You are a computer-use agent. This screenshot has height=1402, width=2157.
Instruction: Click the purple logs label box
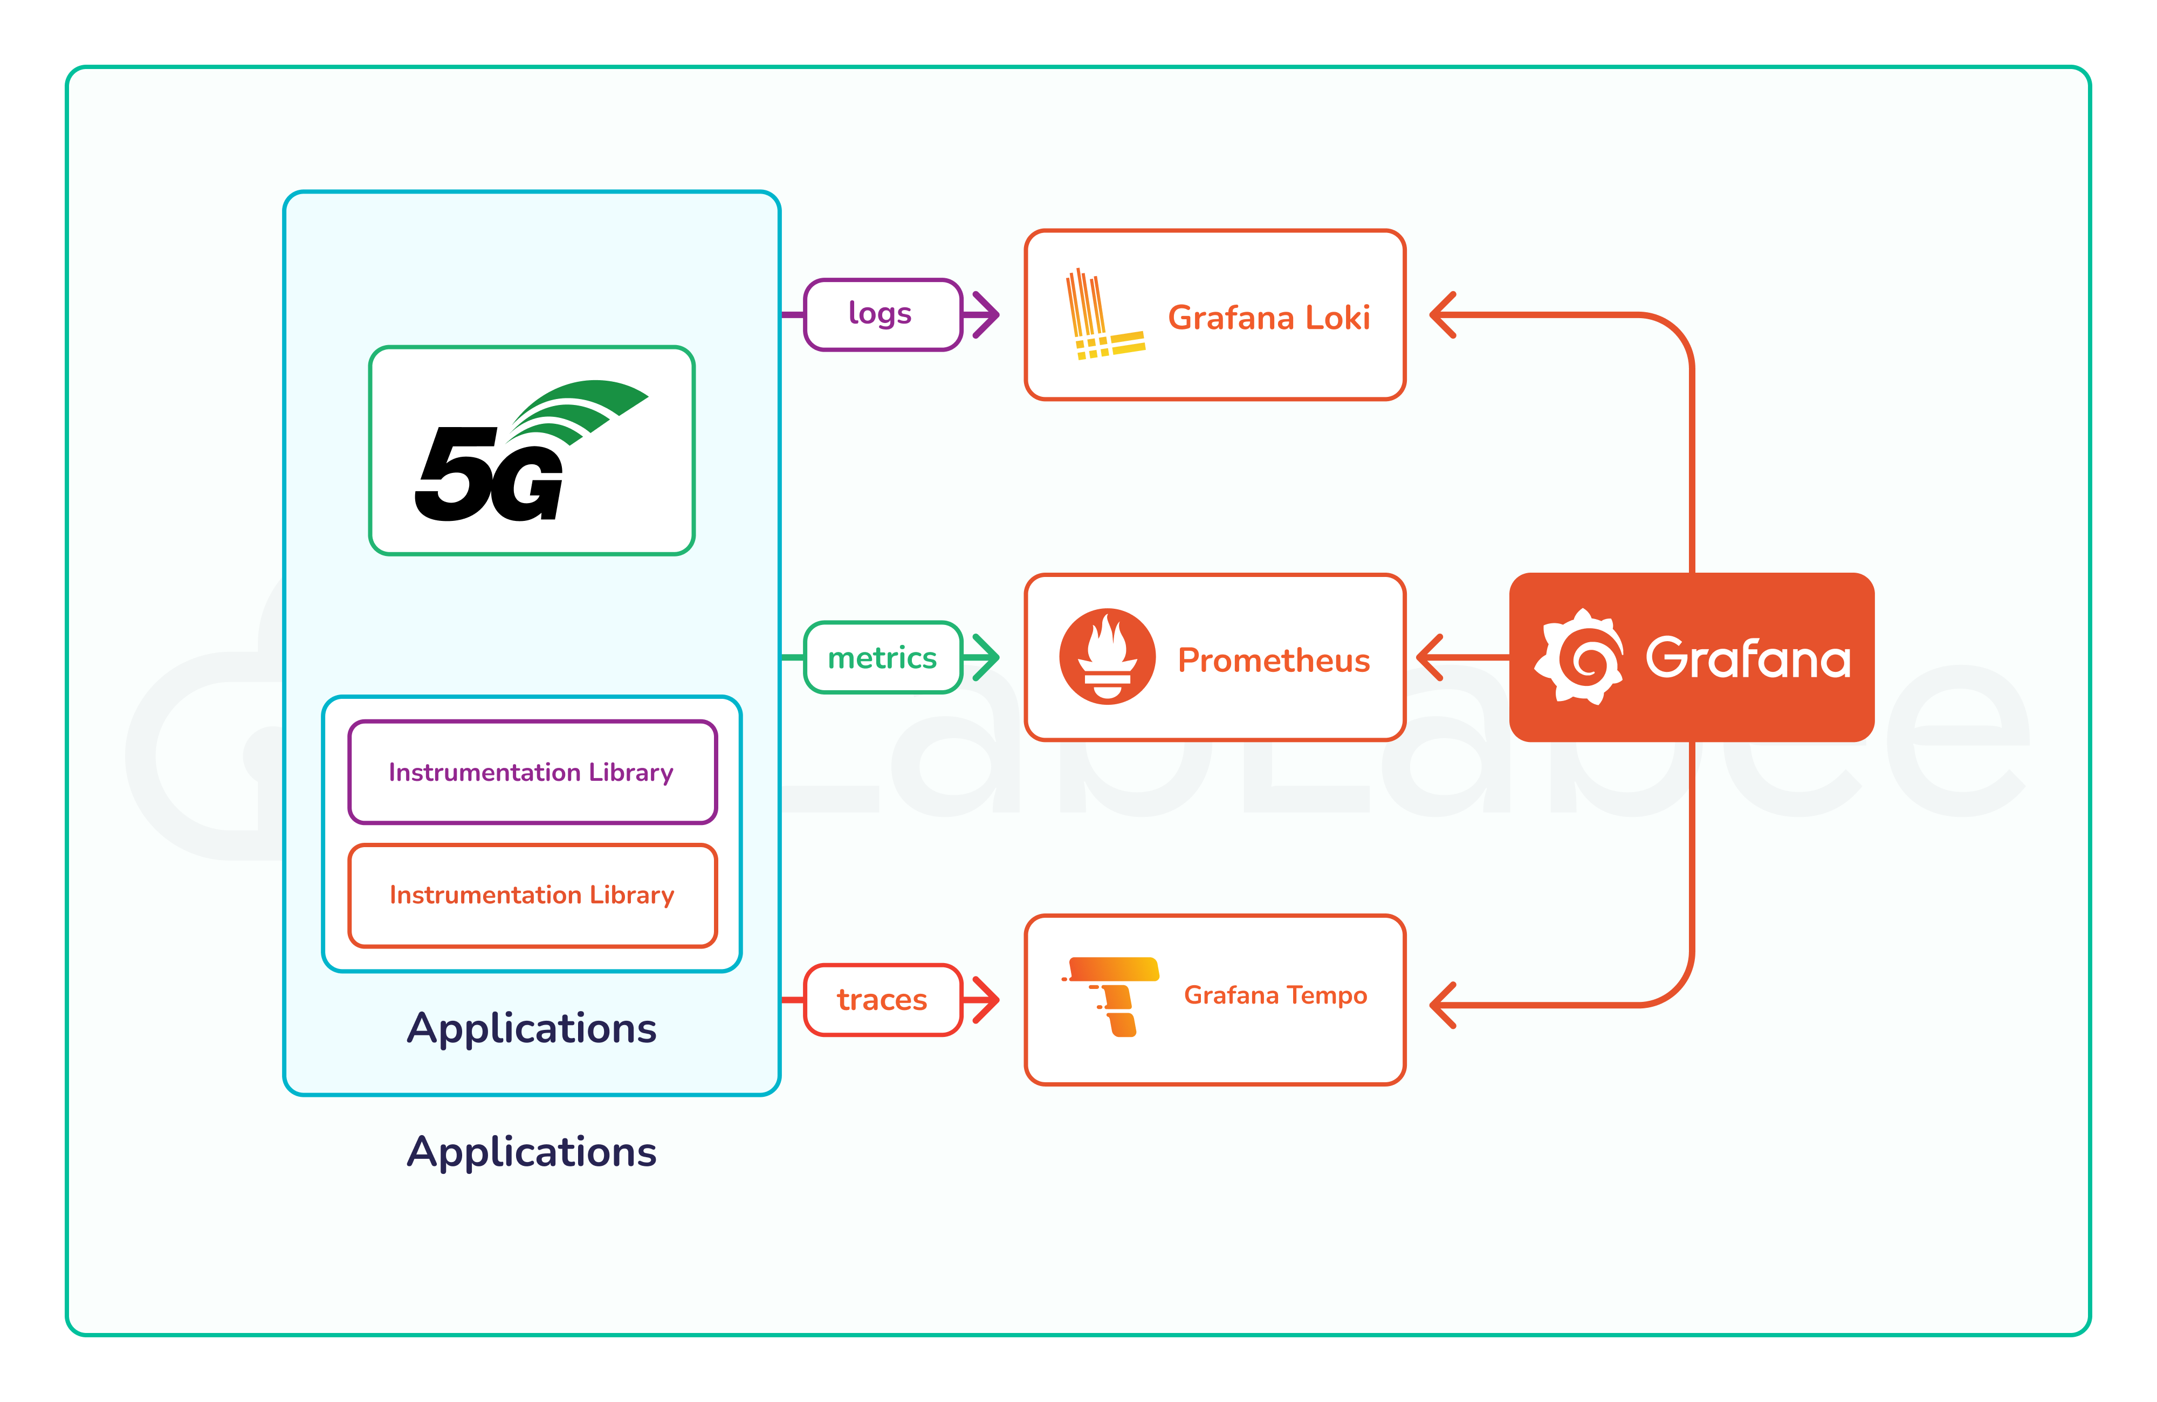(882, 314)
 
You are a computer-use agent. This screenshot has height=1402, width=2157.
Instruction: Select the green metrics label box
(882, 657)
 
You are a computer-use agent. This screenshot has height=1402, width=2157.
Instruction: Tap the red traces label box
(882, 1000)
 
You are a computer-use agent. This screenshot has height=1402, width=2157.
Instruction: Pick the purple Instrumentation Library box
(532, 772)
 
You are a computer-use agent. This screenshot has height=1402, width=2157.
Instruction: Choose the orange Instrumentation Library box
(532, 896)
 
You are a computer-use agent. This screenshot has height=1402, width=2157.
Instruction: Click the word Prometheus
(1273, 660)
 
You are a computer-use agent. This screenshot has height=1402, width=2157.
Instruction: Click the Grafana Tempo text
(1275, 995)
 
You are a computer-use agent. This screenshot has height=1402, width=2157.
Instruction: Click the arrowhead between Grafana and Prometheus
(1428, 657)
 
